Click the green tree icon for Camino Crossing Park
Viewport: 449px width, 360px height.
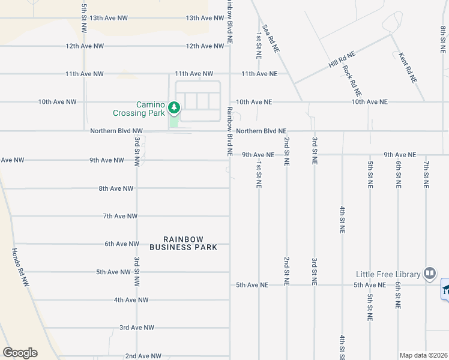click(x=174, y=108)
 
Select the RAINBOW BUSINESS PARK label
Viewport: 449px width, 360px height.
click(x=183, y=242)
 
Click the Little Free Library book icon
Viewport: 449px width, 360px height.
click(x=429, y=274)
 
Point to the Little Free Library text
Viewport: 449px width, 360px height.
click(x=387, y=274)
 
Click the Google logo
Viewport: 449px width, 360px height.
click(x=20, y=353)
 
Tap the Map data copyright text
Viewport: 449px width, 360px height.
click(x=424, y=355)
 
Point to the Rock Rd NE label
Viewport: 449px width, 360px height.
click(x=352, y=80)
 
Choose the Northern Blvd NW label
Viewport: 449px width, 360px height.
click(x=116, y=131)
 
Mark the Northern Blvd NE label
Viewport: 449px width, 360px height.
click(x=261, y=131)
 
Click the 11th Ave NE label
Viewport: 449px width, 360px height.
click(x=259, y=74)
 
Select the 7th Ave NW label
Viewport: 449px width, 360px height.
click(x=120, y=216)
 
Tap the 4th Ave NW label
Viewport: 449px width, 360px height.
click(x=131, y=300)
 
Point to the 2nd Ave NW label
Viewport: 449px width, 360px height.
click(x=143, y=356)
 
